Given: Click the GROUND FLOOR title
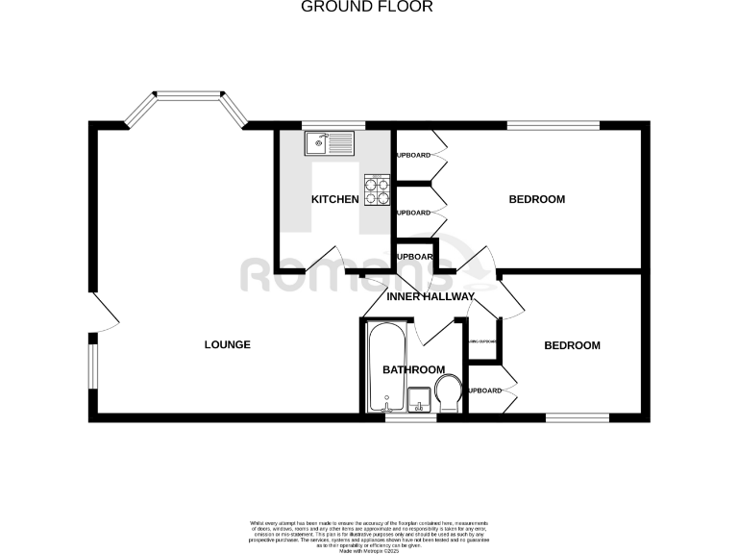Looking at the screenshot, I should click(368, 7).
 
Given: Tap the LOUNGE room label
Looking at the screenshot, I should click(228, 344).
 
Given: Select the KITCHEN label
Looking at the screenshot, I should click(334, 200).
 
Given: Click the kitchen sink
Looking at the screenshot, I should click(330, 144).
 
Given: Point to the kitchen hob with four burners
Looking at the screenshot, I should click(377, 189).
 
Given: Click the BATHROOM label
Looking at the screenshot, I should click(413, 369).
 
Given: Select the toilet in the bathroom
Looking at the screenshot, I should click(446, 393).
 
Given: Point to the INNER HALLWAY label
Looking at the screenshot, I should click(430, 296).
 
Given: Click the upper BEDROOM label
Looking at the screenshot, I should click(536, 200).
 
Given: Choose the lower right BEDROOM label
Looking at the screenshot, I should click(572, 345).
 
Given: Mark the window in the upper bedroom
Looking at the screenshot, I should click(553, 125).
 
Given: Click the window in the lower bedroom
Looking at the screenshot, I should click(578, 417).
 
